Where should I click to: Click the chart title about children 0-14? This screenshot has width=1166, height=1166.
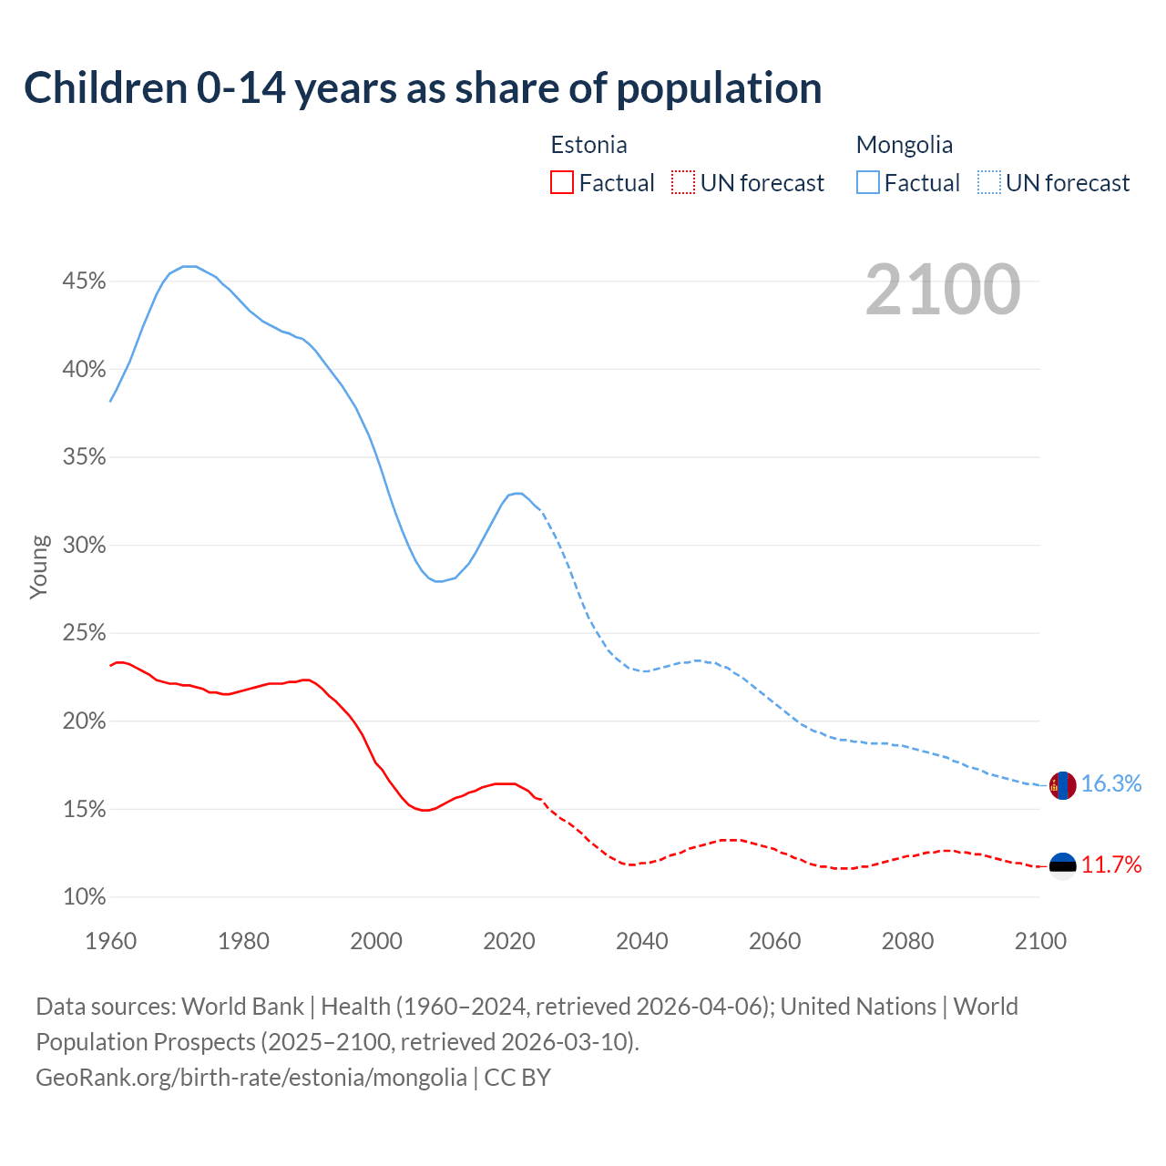tap(423, 88)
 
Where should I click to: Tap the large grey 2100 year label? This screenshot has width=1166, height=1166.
tap(942, 290)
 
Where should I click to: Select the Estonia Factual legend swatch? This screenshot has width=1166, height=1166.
tap(562, 183)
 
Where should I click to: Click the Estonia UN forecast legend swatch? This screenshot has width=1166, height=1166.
tap(683, 183)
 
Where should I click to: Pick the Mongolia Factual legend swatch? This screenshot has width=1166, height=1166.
tap(868, 183)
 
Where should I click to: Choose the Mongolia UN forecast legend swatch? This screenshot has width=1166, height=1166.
tap(989, 183)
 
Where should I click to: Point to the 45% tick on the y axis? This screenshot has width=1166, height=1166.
tap(84, 281)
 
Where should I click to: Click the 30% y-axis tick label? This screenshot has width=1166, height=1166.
tap(84, 546)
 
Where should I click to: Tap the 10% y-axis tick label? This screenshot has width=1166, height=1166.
tap(84, 897)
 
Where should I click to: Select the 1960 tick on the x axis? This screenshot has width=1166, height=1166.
tap(110, 941)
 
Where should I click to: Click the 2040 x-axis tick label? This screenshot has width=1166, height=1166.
tap(642, 941)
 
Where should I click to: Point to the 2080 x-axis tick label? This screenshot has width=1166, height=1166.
tap(907, 941)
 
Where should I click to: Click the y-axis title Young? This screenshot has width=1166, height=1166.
tap(38, 567)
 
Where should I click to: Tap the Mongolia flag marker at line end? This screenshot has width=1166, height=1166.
tap(1062, 785)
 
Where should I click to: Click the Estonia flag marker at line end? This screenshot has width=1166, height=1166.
tap(1062, 865)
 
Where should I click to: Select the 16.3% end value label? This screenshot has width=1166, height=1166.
tap(1111, 784)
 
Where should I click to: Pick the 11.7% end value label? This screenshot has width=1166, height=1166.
tap(1111, 865)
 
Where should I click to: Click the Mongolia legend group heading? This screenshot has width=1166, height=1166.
tap(904, 145)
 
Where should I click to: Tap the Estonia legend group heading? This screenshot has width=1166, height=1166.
tap(588, 145)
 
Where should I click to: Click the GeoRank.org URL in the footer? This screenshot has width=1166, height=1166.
tap(251, 1078)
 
